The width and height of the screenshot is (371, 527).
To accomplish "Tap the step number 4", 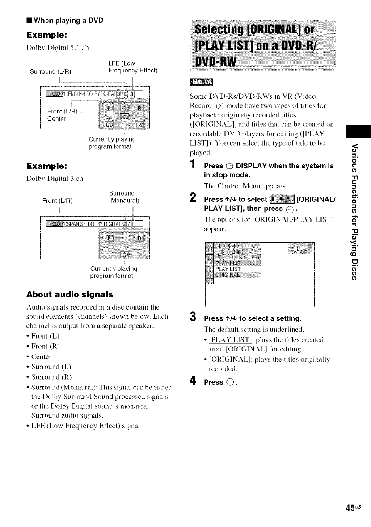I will (194, 369).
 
